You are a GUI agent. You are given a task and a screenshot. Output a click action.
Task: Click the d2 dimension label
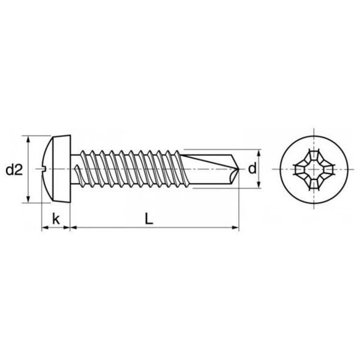14,170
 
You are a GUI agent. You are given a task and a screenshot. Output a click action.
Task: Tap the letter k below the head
56,219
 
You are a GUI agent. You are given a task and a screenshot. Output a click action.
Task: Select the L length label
149,219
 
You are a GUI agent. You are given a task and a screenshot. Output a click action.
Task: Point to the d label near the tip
252,169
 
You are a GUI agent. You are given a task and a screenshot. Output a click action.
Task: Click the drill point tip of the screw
239,169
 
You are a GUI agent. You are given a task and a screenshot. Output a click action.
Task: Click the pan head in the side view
56,169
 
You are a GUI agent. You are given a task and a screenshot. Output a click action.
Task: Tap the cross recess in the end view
314,169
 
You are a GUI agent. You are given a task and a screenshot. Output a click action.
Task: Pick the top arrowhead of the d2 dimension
28,140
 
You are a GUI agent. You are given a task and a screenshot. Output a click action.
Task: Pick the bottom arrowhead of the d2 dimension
28,199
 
